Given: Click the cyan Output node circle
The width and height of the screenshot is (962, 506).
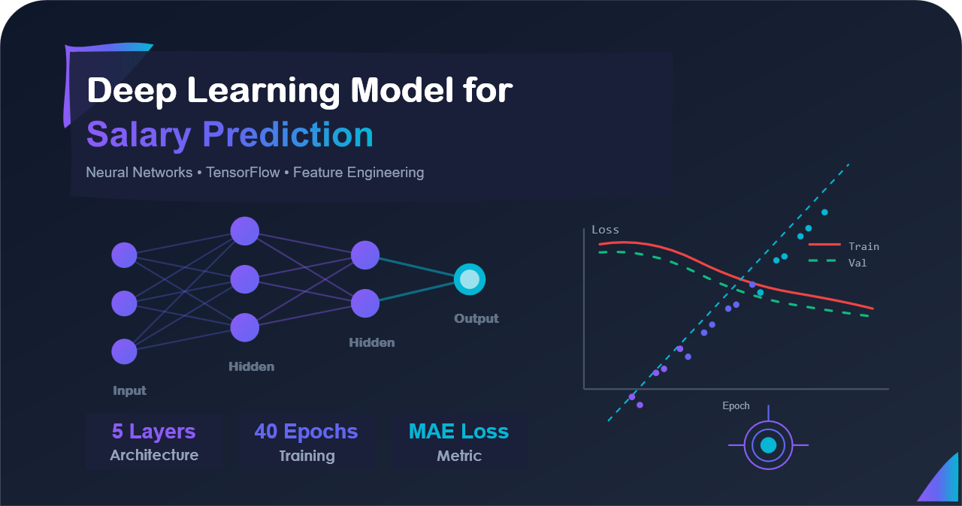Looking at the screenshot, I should [470, 279].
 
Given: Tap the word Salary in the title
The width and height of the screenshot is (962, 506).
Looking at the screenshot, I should [138, 135].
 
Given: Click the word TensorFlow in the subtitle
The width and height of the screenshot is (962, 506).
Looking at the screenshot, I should [243, 173].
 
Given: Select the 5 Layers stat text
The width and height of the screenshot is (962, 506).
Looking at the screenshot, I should [153, 432].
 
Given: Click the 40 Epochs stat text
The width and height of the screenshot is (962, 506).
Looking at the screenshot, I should [306, 432].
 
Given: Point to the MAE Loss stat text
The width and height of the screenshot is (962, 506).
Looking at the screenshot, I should [458, 432].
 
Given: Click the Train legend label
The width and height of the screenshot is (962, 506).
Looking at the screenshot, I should [864, 246].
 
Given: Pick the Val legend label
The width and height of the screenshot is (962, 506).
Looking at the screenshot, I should [858, 263].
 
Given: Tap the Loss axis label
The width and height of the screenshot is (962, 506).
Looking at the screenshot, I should [605, 230].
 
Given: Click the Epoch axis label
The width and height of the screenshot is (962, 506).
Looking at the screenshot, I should [736, 405].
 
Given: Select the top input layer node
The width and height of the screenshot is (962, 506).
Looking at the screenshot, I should [124, 255].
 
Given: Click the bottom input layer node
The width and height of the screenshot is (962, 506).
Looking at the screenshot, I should [124, 351].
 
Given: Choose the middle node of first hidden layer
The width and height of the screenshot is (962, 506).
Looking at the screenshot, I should [244, 279].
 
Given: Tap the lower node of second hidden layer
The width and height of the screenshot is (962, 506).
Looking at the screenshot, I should [365, 303].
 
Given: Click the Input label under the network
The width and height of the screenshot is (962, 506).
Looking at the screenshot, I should [129, 390].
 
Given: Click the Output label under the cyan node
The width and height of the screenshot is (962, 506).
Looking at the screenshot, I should [476, 318].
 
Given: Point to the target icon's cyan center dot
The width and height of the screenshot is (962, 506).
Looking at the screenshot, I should [768, 445].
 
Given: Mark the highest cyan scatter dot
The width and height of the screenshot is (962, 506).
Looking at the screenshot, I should [824, 212].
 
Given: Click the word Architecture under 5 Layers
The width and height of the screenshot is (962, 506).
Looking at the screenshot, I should [154, 455].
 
